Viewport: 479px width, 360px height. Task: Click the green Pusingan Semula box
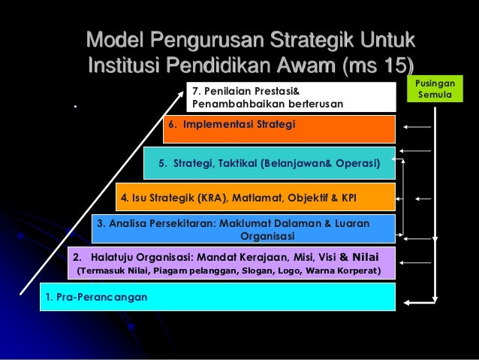[434, 90]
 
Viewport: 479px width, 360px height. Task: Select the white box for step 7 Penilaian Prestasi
[291, 97]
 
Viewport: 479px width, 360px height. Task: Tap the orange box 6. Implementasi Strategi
[279, 129]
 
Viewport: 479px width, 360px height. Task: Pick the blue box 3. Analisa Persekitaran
[243, 228]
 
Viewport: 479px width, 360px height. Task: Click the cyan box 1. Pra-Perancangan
[218, 297]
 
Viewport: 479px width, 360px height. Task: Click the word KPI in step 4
[348, 198]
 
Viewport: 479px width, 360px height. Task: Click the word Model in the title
[117, 38]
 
